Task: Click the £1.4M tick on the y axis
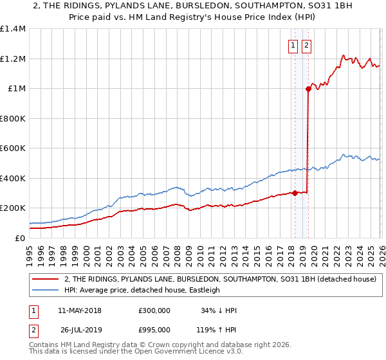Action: tap(13, 29)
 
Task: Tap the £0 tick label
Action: tap(20, 238)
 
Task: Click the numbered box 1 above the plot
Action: tap(293, 45)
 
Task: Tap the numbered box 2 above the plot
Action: tap(306, 45)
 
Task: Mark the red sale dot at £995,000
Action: tap(308, 89)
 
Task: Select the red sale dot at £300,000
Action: tap(295, 193)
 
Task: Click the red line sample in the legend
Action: tap(46, 280)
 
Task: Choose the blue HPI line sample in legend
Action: tap(46, 290)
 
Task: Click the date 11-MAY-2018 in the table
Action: tap(79, 310)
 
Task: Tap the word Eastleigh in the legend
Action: tap(204, 290)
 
